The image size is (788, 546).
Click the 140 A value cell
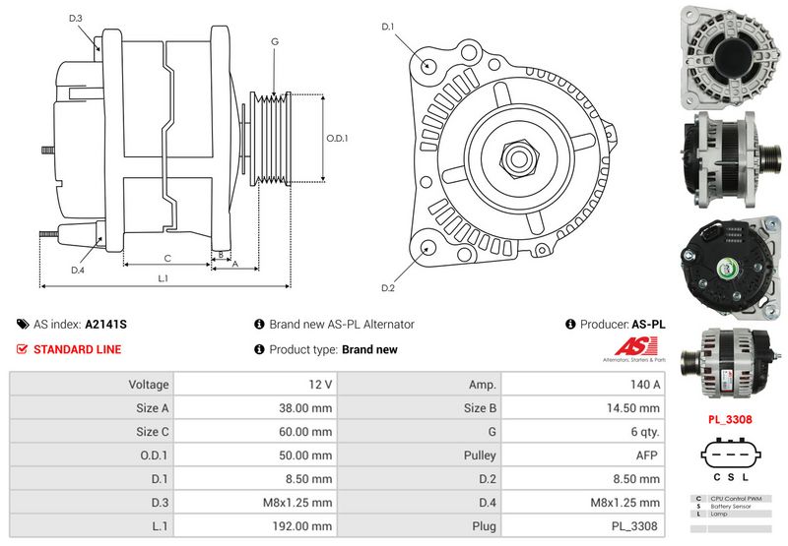[x=585, y=384]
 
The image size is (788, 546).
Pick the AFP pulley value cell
[x=585, y=455]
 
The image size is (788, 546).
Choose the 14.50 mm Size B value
[x=585, y=407]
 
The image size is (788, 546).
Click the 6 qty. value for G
[x=585, y=431]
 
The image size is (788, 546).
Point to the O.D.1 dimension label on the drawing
[x=338, y=138]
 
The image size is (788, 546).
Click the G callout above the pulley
[x=275, y=41]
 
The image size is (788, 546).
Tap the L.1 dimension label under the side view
[x=164, y=279]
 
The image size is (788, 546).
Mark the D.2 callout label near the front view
[x=387, y=287]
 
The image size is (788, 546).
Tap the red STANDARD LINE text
[x=78, y=349]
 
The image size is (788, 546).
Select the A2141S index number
[x=105, y=324]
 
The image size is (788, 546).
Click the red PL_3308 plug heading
[x=731, y=418]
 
